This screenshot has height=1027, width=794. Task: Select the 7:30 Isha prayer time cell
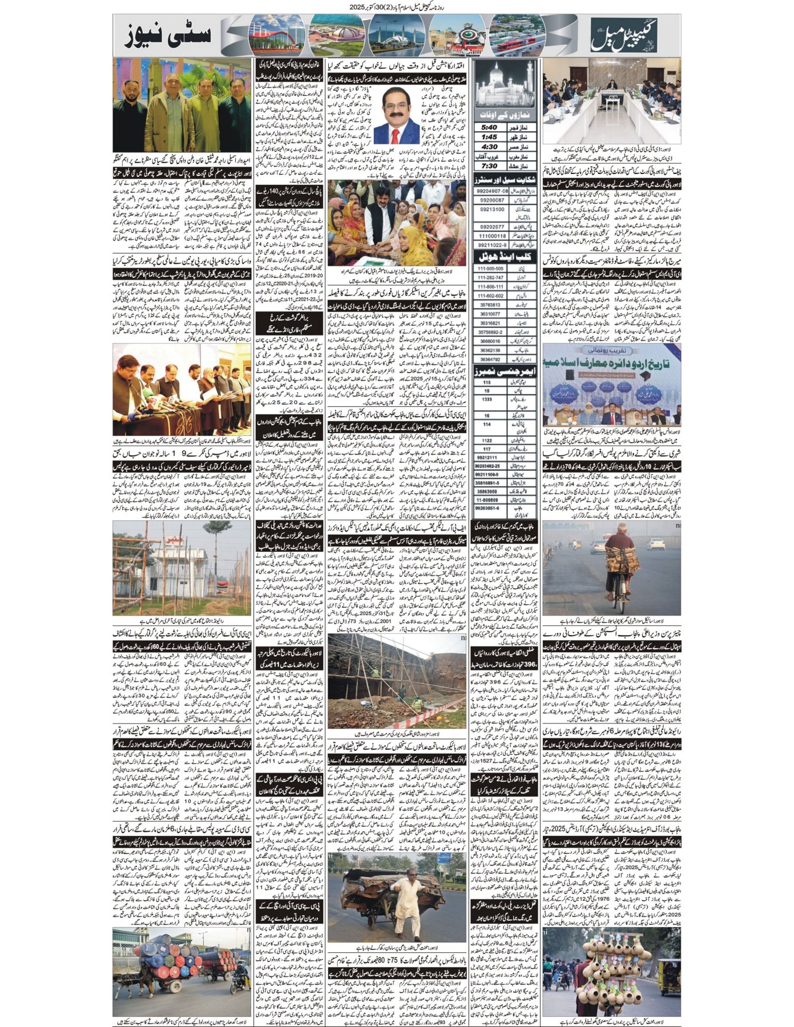pyautogui.click(x=490, y=166)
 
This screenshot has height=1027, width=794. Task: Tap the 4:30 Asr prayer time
pyautogui.click(x=490, y=147)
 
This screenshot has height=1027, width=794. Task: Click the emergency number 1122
pyautogui.click(x=487, y=440)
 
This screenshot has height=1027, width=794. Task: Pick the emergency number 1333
pyautogui.click(x=487, y=399)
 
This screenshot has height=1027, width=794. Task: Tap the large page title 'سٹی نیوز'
pyautogui.click(x=169, y=35)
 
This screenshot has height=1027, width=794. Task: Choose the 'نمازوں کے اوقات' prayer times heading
pyautogui.click(x=505, y=112)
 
